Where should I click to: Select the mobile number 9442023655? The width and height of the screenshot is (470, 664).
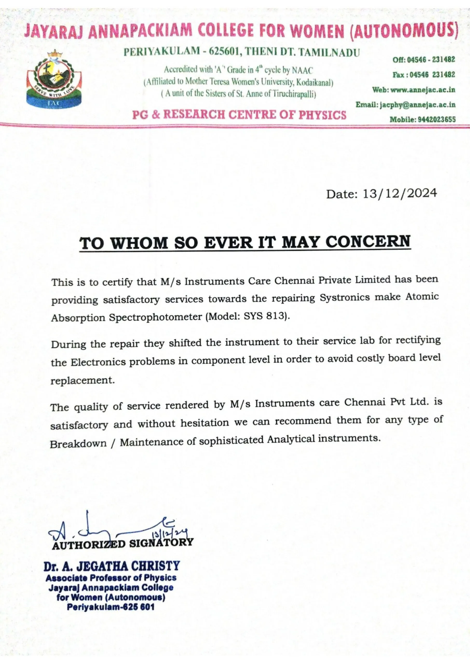(x=437, y=119)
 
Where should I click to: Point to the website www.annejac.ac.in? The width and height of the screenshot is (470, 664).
(x=423, y=90)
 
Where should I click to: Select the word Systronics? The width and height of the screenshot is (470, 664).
(x=345, y=298)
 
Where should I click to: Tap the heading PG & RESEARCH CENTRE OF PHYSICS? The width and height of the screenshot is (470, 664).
(x=239, y=115)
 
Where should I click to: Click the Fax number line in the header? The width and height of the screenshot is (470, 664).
(x=423, y=75)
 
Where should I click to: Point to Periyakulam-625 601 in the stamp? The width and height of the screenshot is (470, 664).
(x=111, y=607)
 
